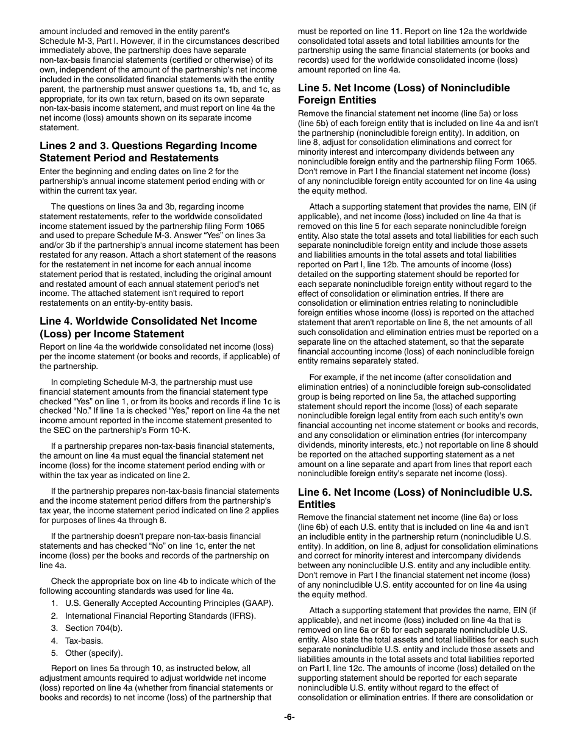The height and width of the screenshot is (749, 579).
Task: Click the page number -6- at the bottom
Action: (x=289, y=717)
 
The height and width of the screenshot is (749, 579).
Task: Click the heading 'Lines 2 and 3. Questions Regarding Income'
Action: (x=148, y=146)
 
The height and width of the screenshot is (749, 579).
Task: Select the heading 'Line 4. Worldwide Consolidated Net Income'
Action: (x=148, y=321)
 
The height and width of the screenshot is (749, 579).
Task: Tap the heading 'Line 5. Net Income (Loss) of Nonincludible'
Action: (x=403, y=88)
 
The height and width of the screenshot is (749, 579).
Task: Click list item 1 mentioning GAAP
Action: (x=169, y=603)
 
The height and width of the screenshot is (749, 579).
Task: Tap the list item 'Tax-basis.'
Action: (x=84, y=641)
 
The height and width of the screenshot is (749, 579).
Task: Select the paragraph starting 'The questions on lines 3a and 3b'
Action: (x=160, y=255)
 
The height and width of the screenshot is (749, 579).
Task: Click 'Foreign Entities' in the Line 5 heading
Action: (x=336, y=100)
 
